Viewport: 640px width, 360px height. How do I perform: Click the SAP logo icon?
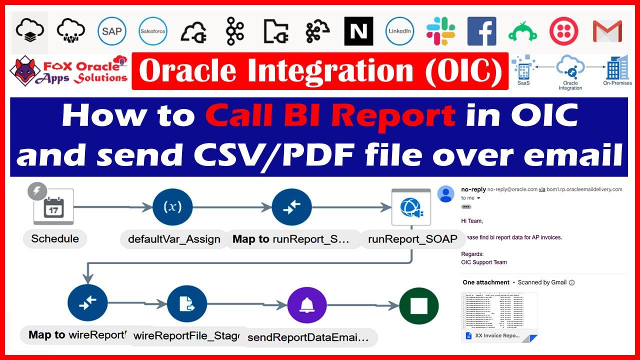pos(111,31)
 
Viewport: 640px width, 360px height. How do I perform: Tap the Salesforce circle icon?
pos(153,31)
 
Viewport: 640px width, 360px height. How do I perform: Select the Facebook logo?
pos(481,31)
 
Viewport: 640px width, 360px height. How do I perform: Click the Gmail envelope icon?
pos(607,31)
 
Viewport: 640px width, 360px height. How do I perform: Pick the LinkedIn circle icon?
pos(399,31)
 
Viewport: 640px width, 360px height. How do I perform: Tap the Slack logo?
pos(440,31)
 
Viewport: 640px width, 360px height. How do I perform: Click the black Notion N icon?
pos(358,31)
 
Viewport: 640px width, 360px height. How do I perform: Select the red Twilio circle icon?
pos(563,31)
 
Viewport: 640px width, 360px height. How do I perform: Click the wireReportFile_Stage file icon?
pos(186,303)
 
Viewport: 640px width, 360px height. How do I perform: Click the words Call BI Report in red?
pos(330,116)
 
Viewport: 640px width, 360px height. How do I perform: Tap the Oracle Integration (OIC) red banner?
pos(320,71)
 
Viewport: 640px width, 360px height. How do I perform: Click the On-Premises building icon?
pos(617,67)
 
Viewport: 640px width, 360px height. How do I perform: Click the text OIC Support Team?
pos(483,262)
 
